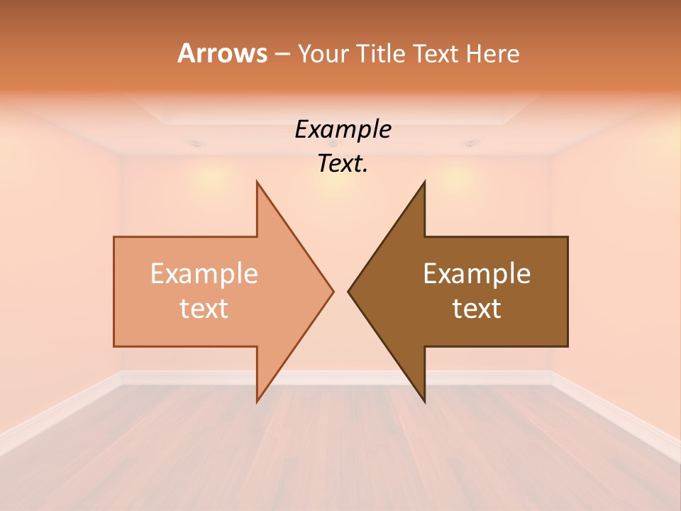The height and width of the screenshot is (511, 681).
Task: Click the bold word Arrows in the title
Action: (222, 53)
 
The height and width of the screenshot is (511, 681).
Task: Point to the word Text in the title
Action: (436, 53)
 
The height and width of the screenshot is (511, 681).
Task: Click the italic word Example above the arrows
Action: (343, 129)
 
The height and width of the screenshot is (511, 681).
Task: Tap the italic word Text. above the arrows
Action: (343, 163)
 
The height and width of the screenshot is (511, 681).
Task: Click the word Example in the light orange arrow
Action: (204, 273)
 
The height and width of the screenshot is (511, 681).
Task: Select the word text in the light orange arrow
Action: (204, 308)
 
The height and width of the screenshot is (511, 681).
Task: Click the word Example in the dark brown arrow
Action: (477, 273)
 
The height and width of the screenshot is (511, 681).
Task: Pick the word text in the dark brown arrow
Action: (477, 308)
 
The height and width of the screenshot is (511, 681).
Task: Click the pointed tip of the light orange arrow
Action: (333, 291)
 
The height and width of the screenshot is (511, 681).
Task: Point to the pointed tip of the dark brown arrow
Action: (348, 291)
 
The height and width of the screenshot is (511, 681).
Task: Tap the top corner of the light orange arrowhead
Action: (258, 182)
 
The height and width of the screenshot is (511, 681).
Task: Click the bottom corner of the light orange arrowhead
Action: (258, 401)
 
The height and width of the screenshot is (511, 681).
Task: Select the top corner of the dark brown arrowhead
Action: (424, 182)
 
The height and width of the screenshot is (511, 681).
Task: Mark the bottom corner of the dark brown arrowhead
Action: (424, 401)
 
